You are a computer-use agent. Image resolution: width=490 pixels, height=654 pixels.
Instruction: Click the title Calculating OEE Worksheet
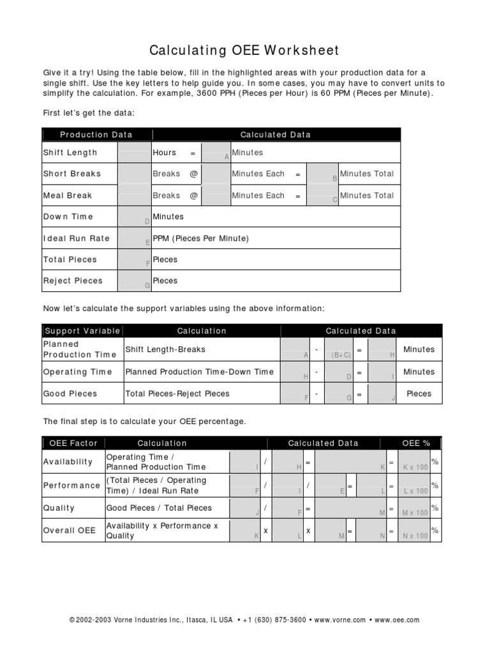click(244, 50)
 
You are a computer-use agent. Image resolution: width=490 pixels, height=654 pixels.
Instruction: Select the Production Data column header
click(96, 134)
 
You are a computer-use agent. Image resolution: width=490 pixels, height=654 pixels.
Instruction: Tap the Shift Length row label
click(70, 153)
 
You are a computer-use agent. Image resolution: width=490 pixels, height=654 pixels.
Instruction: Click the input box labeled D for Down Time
click(134, 217)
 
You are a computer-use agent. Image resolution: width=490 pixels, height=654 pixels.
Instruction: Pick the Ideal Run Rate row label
click(76, 238)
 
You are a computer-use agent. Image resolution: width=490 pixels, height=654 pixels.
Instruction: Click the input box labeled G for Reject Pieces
click(134, 280)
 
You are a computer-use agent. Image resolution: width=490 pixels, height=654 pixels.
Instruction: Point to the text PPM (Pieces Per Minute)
click(200, 238)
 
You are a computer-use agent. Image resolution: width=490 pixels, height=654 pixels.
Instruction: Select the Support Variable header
click(82, 331)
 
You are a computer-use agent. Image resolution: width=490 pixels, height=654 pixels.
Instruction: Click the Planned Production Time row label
click(80, 349)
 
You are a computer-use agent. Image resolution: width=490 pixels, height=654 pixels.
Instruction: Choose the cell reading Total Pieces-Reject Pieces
click(177, 393)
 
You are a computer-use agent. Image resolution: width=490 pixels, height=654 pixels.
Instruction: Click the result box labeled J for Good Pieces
click(383, 393)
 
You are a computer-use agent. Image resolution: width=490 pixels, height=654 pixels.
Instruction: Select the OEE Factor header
click(73, 443)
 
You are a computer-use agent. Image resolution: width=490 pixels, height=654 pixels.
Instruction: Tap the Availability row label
click(68, 462)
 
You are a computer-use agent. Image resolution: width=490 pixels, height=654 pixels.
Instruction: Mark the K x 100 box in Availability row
click(415, 462)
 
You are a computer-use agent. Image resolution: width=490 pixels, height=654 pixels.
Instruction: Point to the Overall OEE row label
click(69, 531)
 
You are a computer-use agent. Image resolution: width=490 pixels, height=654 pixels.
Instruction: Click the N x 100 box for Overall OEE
click(415, 531)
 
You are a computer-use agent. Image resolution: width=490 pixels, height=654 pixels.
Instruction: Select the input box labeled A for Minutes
click(216, 153)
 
